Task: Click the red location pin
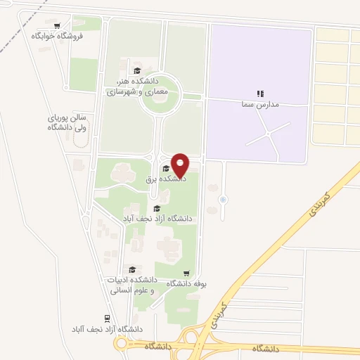[181, 164]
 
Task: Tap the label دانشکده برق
[166, 180]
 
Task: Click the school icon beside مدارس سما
[259, 93]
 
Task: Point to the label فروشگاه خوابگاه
[57, 35]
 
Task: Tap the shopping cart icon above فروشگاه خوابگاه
[66, 25]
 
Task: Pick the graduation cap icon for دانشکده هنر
[137, 70]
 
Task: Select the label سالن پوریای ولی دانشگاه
[67, 123]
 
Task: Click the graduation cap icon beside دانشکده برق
[166, 168]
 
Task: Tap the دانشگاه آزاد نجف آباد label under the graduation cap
[157, 219]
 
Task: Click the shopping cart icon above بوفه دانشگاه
[186, 274]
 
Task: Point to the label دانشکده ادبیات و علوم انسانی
[132, 284]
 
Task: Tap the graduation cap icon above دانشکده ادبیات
[131, 269]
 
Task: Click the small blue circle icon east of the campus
[223, 200]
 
